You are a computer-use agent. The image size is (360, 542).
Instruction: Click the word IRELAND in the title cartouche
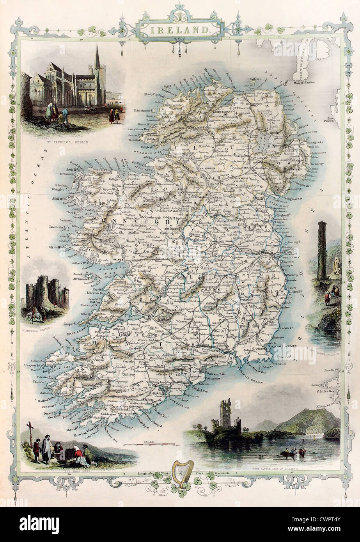point(180,28)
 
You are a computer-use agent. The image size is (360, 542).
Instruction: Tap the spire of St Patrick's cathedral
point(97,58)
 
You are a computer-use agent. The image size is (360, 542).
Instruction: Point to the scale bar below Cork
point(149,444)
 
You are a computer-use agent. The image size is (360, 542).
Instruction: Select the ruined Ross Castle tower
point(225,414)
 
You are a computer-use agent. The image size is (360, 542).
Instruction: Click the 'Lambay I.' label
point(296,242)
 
